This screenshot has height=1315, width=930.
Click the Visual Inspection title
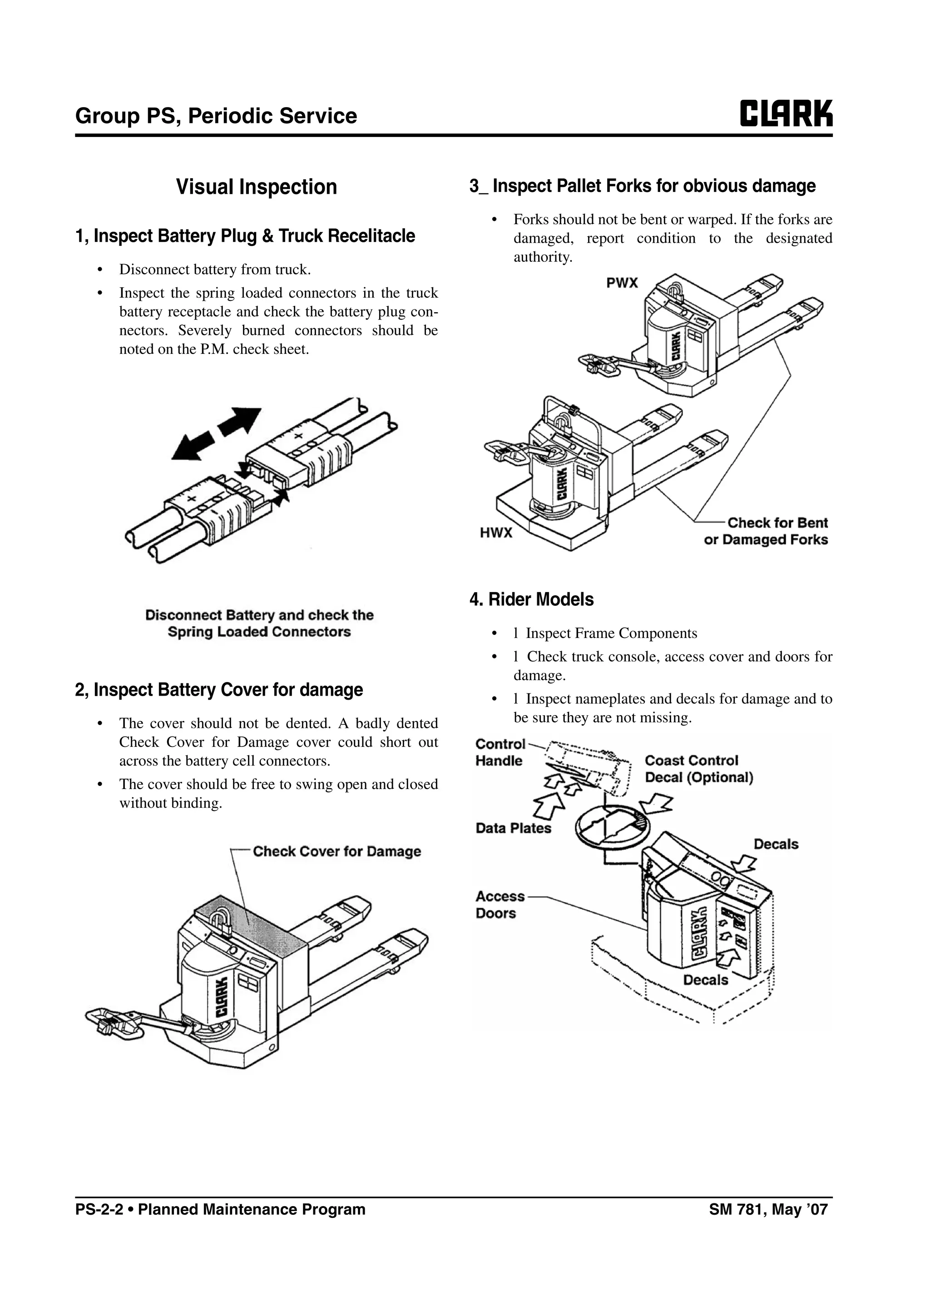tap(256, 186)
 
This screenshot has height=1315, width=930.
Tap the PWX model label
tap(622, 283)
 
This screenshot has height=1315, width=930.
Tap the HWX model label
tap(496, 533)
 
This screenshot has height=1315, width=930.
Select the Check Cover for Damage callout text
tap(337, 852)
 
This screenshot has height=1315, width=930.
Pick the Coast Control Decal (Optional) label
tap(698, 769)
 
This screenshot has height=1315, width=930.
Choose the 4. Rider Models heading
tap(531, 600)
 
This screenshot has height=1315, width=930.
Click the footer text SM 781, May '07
tap(768, 1210)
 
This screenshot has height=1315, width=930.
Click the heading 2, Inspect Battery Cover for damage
tap(219, 690)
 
